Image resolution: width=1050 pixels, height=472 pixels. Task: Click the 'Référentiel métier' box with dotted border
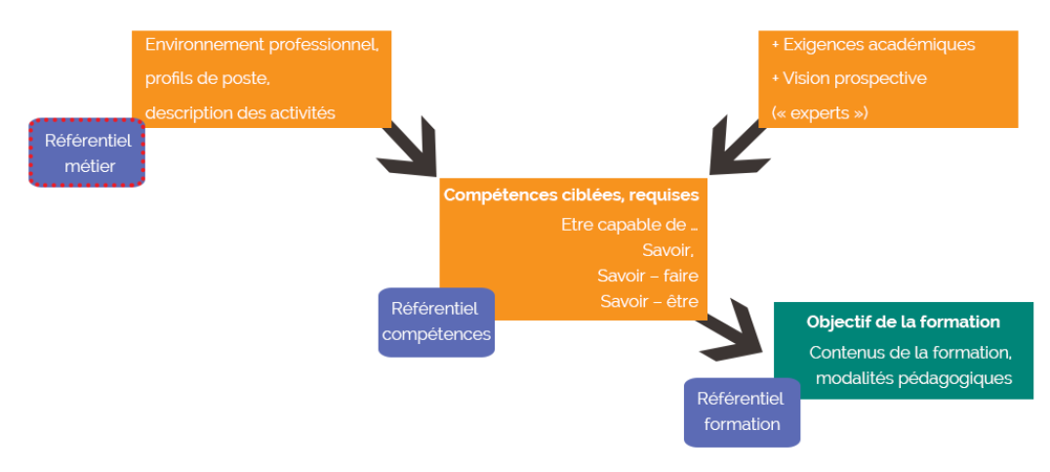(87, 152)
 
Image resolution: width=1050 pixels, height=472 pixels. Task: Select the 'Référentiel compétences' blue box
(435, 322)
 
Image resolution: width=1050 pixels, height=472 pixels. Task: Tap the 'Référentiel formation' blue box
(742, 411)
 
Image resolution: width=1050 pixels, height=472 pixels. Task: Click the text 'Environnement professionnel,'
(262, 45)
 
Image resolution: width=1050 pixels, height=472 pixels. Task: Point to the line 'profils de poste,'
(207, 78)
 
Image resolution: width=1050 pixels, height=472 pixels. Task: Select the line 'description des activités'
(240, 112)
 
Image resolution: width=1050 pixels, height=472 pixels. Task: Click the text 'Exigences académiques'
(878, 45)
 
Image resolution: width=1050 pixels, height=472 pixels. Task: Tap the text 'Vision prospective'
(854, 78)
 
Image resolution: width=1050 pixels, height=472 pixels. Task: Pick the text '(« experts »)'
(820, 112)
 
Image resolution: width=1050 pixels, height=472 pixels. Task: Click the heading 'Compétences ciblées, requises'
(571, 194)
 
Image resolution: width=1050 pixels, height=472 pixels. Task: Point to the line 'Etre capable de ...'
(629, 224)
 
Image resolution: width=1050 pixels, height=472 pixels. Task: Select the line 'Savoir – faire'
(647, 276)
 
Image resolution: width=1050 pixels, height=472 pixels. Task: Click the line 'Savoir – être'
(649, 301)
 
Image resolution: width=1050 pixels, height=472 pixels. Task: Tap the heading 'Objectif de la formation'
(903, 322)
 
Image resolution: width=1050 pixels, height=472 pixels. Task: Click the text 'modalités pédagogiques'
(913, 378)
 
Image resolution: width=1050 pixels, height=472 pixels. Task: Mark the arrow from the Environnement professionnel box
(410, 149)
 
